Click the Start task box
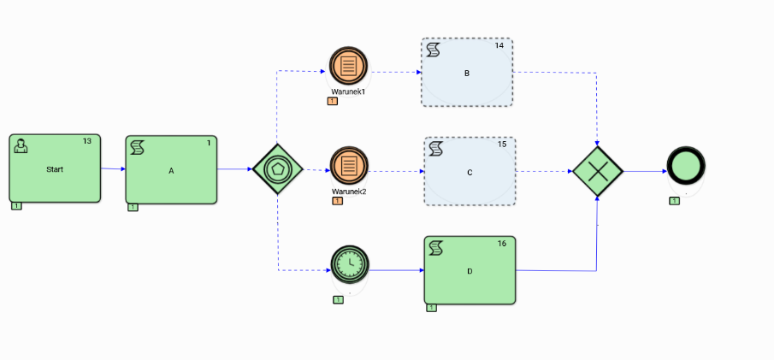click(x=55, y=168)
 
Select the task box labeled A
click(x=171, y=169)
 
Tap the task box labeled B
click(x=467, y=73)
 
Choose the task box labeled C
click(x=470, y=172)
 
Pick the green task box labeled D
click(x=470, y=270)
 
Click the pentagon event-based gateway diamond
click(x=278, y=169)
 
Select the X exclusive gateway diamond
click(x=597, y=171)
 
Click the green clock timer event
click(x=349, y=264)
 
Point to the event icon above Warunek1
click(x=348, y=65)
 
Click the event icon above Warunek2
click(x=348, y=165)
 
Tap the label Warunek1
click(x=348, y=91)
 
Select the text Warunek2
click(x=349, y=192)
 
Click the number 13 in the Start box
click(x=86, y=141)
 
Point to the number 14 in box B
click(x=499, y=45)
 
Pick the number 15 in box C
click(x=501, y=145)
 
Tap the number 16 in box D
click(x=501, y=245)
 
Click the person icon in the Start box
click(x=21, y=146)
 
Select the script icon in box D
click(x=435, y=248)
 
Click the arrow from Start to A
click(x=113, y=169)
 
